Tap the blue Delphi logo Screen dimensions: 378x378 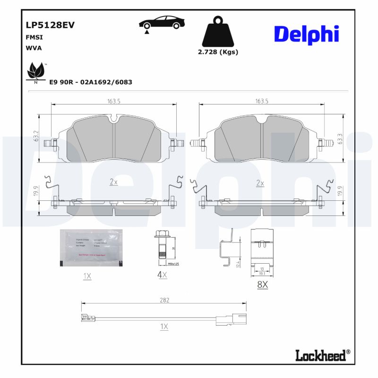point(306,34)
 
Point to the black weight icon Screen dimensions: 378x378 point(217,32)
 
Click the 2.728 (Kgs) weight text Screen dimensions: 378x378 point(218,52)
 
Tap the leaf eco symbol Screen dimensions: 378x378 point(36,71)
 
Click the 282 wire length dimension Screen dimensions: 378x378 point(164,300)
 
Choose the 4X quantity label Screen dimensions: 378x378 point(162,275)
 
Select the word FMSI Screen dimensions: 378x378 point(32,36)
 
